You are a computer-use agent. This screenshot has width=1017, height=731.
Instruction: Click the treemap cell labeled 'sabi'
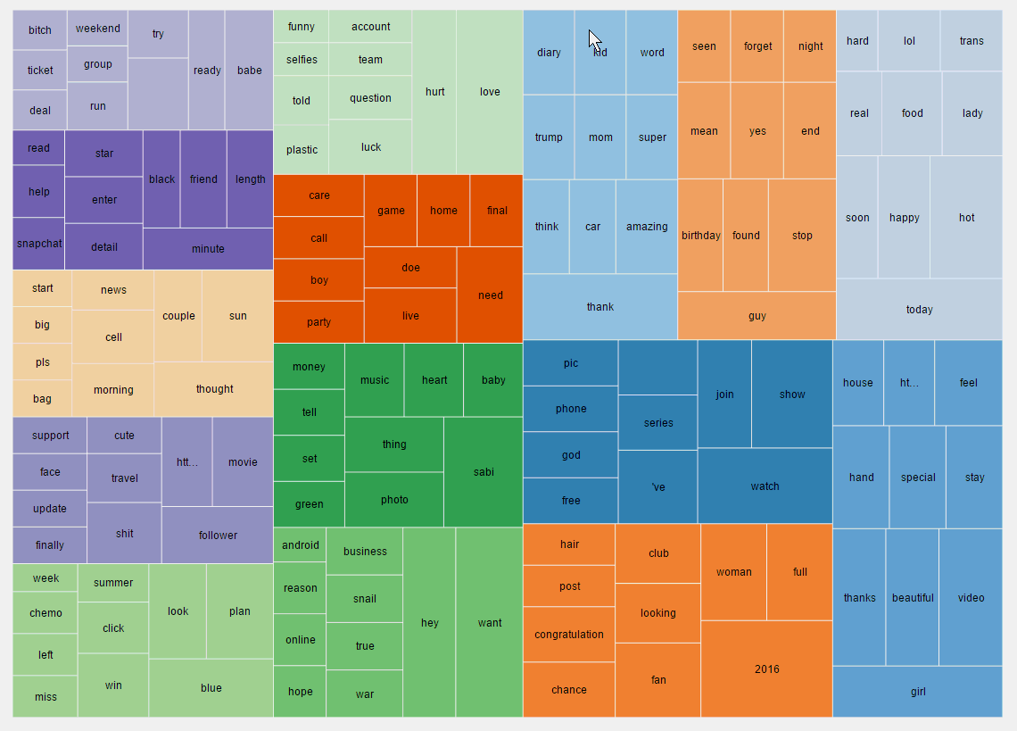point(483,471)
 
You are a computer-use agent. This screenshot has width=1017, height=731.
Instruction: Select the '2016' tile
point(766,669)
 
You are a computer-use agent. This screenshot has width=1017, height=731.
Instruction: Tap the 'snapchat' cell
point(38,243)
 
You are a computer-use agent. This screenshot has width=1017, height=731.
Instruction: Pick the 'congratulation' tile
point(569,634)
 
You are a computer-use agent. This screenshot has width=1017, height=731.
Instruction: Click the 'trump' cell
point(549,137)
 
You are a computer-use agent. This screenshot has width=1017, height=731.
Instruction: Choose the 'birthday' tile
point(700,235)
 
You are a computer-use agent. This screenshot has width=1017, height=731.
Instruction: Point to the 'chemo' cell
point(45,612)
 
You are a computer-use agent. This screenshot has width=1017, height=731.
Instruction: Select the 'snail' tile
point(364,598)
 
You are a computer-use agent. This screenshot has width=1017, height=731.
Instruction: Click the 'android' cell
point(300,544)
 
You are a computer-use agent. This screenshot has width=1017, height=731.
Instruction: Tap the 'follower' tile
point(218,535)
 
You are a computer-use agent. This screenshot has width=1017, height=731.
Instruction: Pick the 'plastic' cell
point(302,149)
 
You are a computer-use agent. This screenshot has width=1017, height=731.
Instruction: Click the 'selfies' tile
point(302,60)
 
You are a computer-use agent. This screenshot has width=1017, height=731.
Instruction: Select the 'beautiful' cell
point(912,597)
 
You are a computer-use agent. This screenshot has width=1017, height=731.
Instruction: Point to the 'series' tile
point(657,422)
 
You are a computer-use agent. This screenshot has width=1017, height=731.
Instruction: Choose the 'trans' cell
point(971,41)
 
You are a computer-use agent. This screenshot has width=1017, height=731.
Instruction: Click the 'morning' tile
point(113,389)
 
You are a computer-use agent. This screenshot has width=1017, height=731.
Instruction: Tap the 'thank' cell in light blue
point(599,306)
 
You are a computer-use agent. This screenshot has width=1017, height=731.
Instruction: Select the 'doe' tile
point(410,267)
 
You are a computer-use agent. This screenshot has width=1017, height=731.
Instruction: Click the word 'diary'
point(549,53)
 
